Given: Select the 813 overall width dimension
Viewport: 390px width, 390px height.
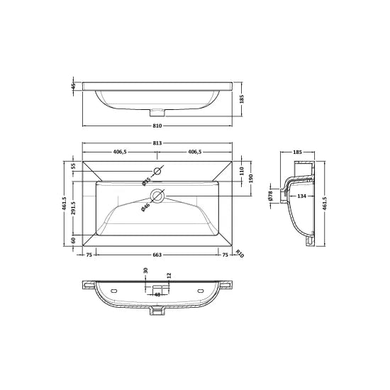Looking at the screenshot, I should [157, 143].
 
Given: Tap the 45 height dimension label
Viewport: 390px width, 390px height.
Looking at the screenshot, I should [73, 87].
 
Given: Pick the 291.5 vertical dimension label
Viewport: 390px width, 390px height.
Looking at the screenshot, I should [73, 210].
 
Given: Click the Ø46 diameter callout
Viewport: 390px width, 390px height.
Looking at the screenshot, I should [145, 206].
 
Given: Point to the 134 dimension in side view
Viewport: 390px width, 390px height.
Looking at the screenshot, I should [301, 196].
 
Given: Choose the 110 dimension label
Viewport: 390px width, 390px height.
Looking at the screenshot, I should [241, 171].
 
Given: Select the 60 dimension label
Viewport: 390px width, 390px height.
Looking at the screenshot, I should [73, 240].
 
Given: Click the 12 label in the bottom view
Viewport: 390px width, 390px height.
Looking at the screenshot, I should [169, 275].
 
